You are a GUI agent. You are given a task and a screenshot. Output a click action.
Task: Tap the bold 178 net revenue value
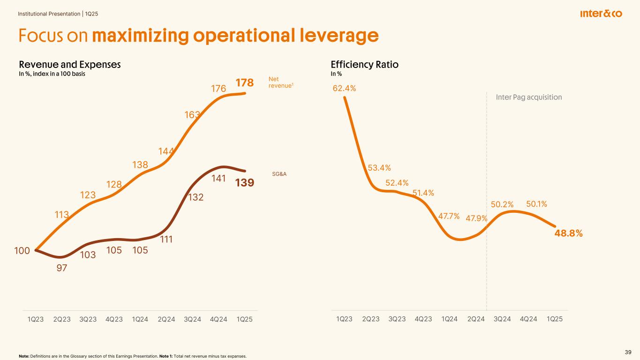[244, 83]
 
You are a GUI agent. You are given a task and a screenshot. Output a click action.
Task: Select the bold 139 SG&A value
[244, 183]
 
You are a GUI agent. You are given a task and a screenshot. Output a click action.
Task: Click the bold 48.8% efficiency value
[568, 233]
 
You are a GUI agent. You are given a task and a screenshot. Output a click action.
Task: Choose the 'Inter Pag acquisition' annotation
[528, 97]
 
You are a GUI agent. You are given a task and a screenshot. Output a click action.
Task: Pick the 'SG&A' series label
[279, 174]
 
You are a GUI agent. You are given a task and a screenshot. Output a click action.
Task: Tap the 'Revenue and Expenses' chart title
[70, 65]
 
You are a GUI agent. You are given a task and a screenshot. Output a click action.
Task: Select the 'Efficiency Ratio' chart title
[364, 65]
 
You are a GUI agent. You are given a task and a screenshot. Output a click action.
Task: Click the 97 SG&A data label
[61, 268]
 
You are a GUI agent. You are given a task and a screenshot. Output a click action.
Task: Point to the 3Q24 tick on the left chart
[192, 319]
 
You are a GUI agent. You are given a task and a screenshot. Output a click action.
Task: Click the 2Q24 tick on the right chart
[476, 319]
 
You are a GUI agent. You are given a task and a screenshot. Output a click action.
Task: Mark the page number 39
[628, 352]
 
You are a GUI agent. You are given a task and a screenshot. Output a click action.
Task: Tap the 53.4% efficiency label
[379, 168]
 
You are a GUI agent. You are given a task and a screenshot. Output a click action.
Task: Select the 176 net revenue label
[218, 89]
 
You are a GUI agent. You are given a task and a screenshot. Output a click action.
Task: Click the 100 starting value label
[22, 251]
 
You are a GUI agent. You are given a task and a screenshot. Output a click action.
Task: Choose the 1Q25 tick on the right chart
[555, 319]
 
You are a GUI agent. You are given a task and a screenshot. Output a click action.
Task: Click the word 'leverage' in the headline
[331, 36]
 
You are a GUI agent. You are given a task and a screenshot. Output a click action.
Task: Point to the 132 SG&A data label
[196, 198]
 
